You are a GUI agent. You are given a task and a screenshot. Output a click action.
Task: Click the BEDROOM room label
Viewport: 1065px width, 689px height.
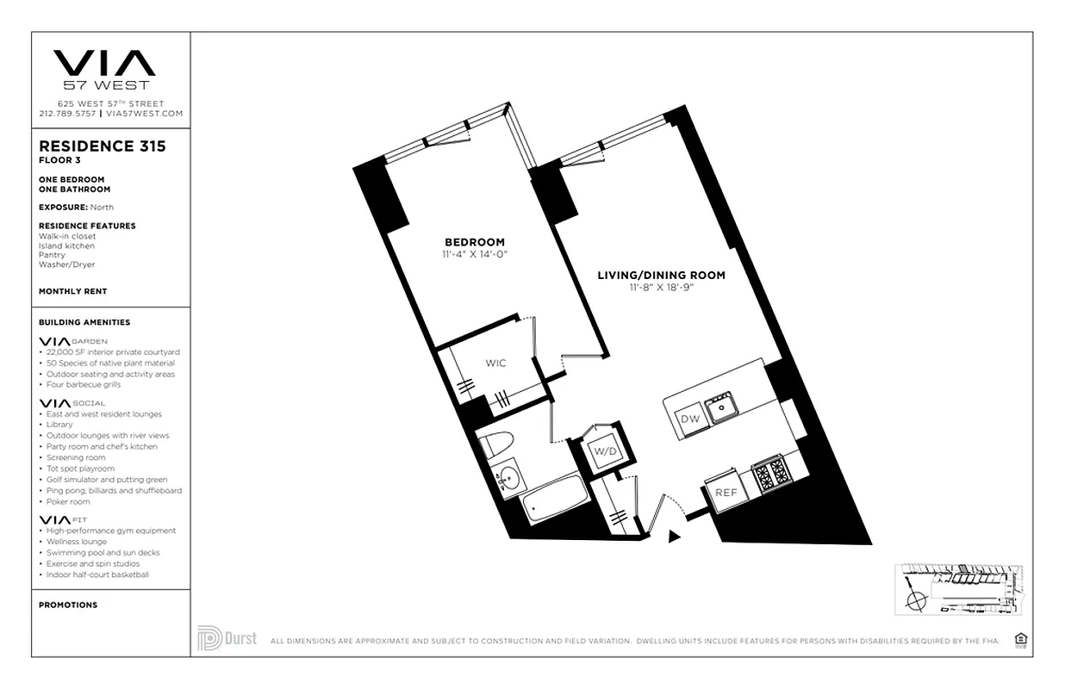[474, 242]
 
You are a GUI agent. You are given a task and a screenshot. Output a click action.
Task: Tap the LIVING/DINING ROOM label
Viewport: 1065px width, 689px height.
[661, 276]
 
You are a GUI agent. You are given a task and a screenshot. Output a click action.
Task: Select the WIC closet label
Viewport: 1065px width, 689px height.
[495, 363]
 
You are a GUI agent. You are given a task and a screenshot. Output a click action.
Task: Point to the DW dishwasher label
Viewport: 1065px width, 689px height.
[689, 419]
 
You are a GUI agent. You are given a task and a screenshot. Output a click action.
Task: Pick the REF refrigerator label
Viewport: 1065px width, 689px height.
[725, 493]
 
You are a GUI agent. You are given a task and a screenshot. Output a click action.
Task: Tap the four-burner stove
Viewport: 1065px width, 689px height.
[772, 474]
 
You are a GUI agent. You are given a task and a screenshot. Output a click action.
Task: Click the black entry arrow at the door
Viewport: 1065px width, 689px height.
[675, 537]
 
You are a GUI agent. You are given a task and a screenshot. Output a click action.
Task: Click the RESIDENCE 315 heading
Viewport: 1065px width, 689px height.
[103, 146]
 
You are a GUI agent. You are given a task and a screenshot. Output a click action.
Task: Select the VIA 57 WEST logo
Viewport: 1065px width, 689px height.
[104, 69]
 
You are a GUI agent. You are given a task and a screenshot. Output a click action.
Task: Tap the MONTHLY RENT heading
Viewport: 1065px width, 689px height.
[73, 292]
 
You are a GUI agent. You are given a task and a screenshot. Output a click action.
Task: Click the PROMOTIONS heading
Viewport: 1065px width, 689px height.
[68, 605]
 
